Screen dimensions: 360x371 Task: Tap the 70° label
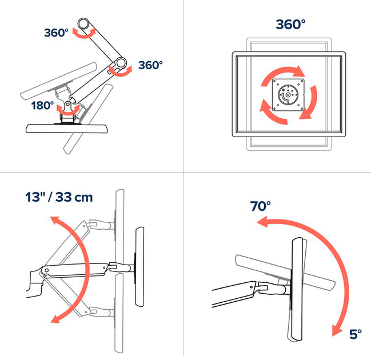click(x=260, y=206)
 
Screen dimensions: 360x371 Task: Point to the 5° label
click(x=355, y=334)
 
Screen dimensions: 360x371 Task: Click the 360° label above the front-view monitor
click(x=290, y=24)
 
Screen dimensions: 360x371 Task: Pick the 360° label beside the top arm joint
click(x=56, y=33)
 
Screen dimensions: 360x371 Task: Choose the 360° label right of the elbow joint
click(x=150, y=65)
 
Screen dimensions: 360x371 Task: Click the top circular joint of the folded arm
click(x=86, y=25)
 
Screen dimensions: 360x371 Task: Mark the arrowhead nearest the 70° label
click(x=263, y=224)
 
